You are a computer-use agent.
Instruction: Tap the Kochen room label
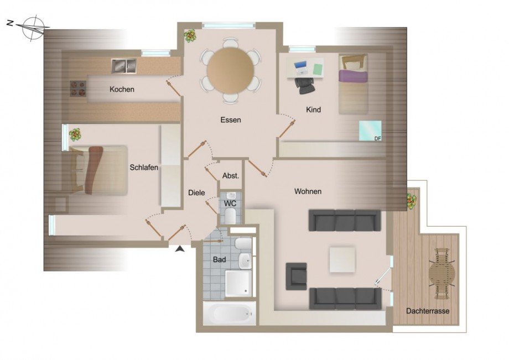pos(122,90)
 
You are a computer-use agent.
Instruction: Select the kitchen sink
pos(123,66)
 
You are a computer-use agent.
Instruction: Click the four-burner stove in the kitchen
pos(77,88)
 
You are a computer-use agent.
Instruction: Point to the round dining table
pos(231,70)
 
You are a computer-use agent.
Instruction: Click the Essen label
pos(230,119)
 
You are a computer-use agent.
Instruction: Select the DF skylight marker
pos(370,131)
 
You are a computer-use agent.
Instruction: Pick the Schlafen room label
pos(144,168)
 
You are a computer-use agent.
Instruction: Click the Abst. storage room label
pos(230,176)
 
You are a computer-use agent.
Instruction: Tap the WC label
pos(230,204)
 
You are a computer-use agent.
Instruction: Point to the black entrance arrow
pos(180,250)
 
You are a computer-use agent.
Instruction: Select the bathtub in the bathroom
pos(229,314)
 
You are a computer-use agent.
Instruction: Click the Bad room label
pos(219,259)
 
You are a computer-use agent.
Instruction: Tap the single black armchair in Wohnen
pos(296,276)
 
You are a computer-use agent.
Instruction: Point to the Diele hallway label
pos(196,192)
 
